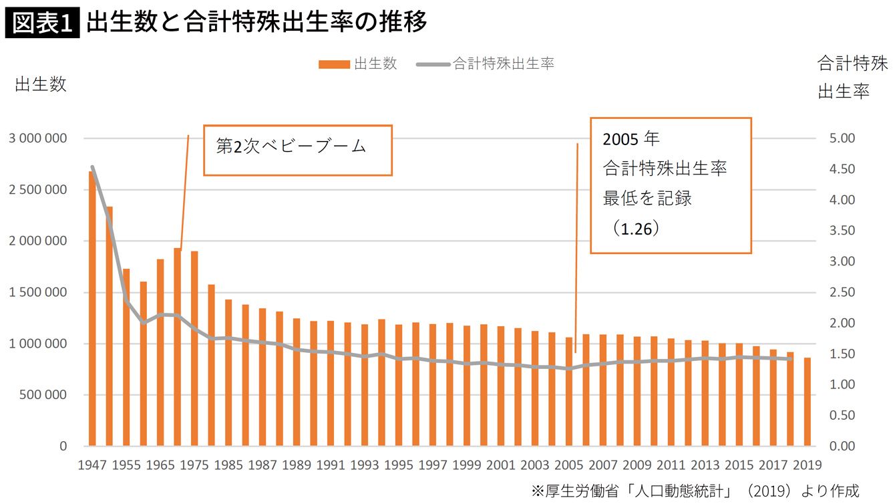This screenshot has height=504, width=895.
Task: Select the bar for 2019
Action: tap(807, 402)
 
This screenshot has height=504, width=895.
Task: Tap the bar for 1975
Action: tap(194, 348)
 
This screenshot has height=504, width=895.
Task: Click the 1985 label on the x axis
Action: tap(228, 465)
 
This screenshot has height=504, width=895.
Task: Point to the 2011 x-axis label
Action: tap(671, 465)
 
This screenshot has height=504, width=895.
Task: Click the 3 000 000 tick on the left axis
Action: tap(38, 138)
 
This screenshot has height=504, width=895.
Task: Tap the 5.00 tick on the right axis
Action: tap(842, 138)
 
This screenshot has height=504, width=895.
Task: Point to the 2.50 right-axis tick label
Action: tap(842, 292)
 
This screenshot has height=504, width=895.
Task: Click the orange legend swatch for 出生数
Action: tap(334, 64)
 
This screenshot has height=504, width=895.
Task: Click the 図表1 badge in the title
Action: tap(42, 22)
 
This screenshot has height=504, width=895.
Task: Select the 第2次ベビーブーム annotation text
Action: tap(291, 146)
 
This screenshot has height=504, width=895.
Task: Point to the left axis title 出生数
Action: tap(41, 85)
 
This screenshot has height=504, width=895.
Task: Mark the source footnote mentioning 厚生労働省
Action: tap(695, 490)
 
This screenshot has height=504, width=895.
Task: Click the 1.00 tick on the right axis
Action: tap(842, 384)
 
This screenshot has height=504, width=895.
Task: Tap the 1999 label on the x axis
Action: tap(467, 465)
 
